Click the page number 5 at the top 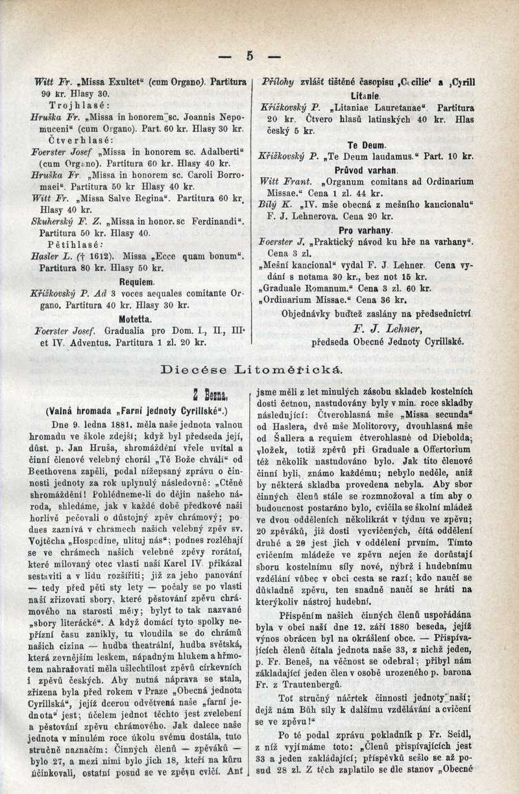point(250,56)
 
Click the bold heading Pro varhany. point(365,231)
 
